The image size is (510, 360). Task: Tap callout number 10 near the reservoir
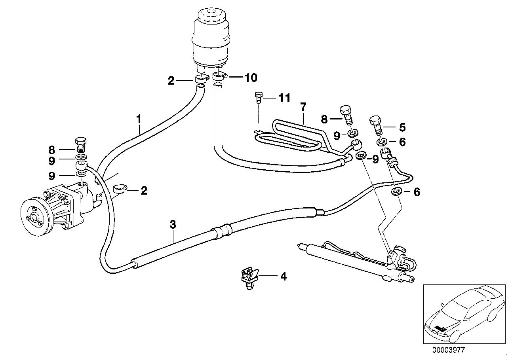tap(250, 78)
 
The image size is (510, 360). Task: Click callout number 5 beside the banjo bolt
tap(402, 127)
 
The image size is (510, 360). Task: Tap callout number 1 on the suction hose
tap(139, 117)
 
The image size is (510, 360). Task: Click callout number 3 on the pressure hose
tap(173, 224)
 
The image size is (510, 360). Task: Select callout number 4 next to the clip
tap(283, 277)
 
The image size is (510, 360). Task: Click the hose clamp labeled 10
tap(219, 75)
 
